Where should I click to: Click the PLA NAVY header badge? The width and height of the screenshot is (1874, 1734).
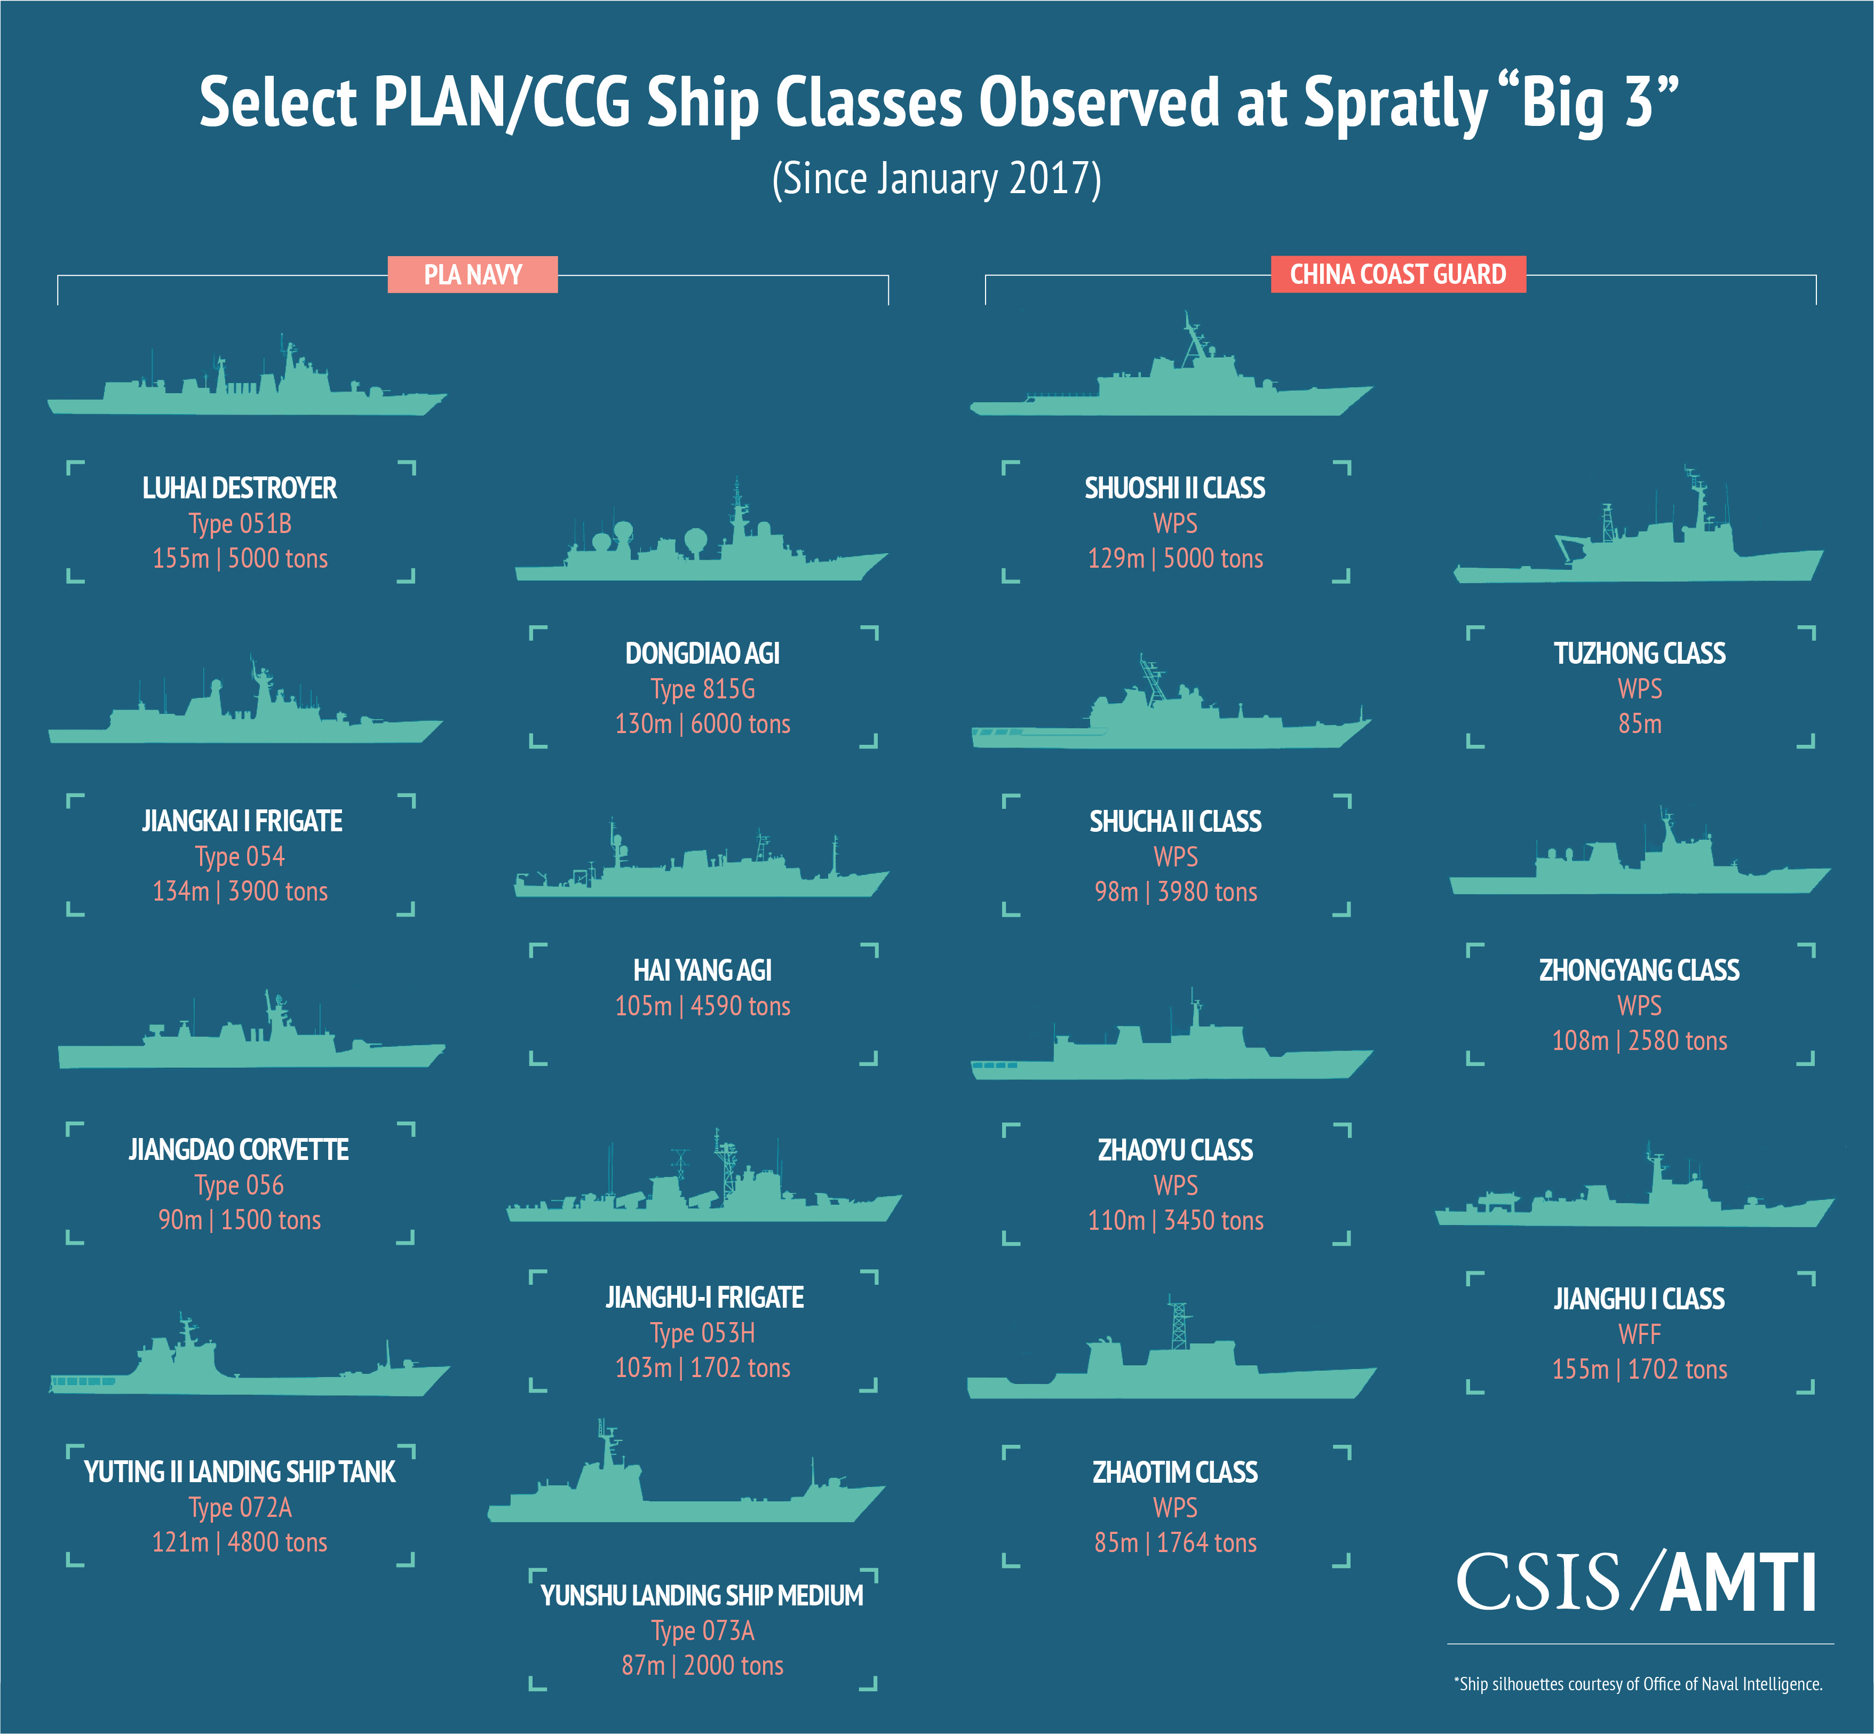click(472, 275)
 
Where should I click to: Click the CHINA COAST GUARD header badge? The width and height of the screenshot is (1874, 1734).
click(1397, 274)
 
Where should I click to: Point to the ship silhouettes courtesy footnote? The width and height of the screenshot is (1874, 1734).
click(1638, 1684)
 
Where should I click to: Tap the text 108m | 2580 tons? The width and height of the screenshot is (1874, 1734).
click(1639, 1040)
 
